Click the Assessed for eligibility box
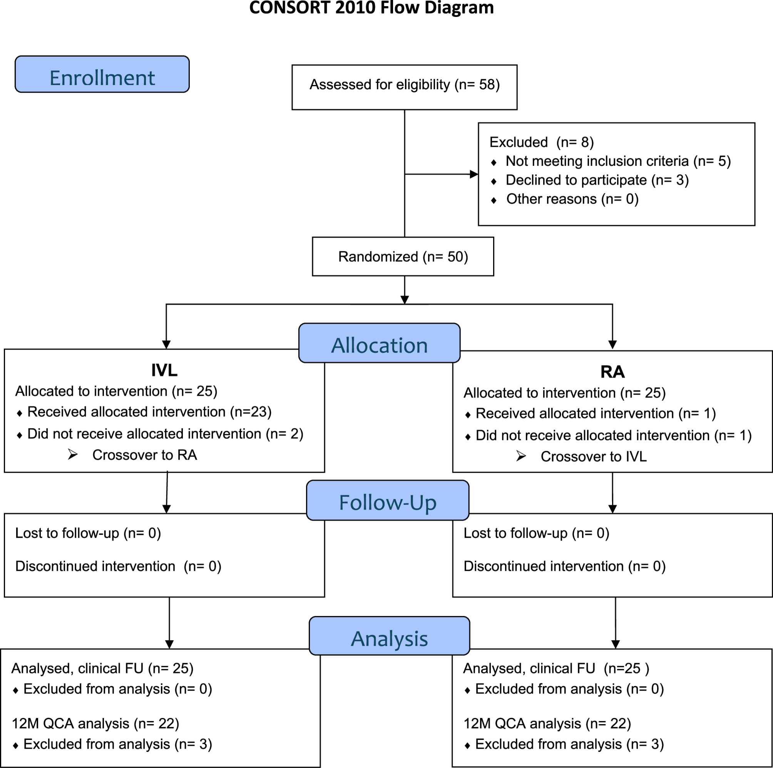404,87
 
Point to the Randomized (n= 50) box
403,256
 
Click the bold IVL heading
164,370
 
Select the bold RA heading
612,372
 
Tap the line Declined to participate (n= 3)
597,180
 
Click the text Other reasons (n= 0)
572,199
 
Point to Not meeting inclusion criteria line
618,161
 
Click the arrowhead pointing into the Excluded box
474,174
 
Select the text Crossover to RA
144,455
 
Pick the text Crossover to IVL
593,456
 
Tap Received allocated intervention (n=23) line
149,412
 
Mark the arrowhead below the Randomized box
405,300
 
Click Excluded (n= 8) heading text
541,142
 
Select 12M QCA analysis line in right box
547,723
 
